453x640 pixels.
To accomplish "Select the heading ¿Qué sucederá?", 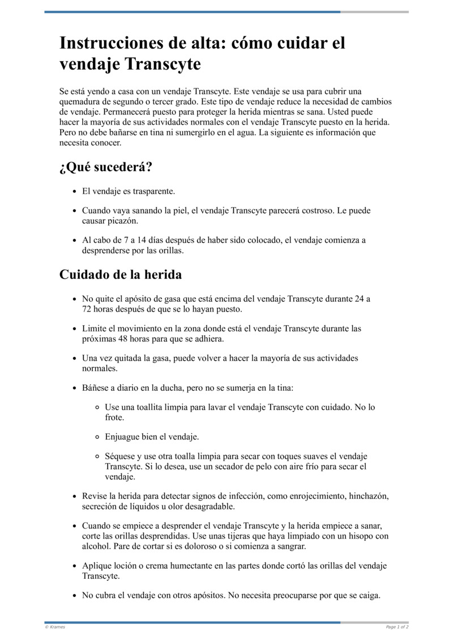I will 106,168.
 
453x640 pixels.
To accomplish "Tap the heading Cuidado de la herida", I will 121,275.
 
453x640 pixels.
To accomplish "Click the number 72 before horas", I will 88,309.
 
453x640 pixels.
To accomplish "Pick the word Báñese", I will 95,388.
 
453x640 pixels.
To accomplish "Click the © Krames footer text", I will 55,627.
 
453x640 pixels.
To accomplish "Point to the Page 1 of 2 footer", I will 398,627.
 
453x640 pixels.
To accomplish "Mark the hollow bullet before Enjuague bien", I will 97,437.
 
